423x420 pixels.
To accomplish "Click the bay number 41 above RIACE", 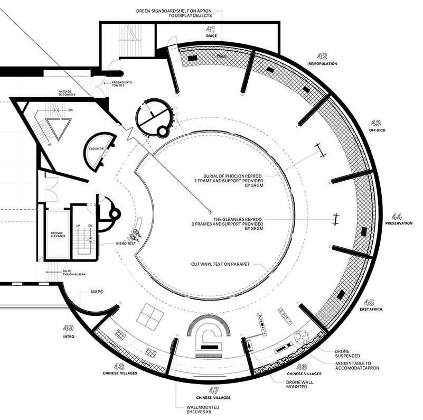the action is click(x=210, y=29).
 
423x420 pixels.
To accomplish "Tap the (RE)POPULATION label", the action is click(x=322, y=64).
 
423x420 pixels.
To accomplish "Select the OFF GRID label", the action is click(x=377, y=130).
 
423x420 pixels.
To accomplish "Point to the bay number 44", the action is click(x=397, y=217).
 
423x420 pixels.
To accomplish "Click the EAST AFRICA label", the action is click(x=371, y=309).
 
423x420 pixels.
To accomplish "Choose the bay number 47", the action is click(x=214, y=390).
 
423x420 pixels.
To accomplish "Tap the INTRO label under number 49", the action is click(x=69, y=337).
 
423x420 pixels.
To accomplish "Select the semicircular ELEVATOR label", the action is click(x=96, y=149).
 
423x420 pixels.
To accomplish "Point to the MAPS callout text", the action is click(x=97, y=292).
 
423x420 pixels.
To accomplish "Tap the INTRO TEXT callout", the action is click(x=126, y=244).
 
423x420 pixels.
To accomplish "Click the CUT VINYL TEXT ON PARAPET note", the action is click(x=220, y=264).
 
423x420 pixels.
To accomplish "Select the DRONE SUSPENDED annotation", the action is click(x=347, y=353).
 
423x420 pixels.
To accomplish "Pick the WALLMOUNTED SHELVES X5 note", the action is click(x=203, y=409).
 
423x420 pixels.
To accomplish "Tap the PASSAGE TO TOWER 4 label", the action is click(x=67, y=93).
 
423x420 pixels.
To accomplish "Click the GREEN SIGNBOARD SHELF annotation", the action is click(x=174, y=13).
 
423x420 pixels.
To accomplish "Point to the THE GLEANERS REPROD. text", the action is click(x=228, y=224).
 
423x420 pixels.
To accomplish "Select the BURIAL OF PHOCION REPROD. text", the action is click(x=229, y=181).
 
